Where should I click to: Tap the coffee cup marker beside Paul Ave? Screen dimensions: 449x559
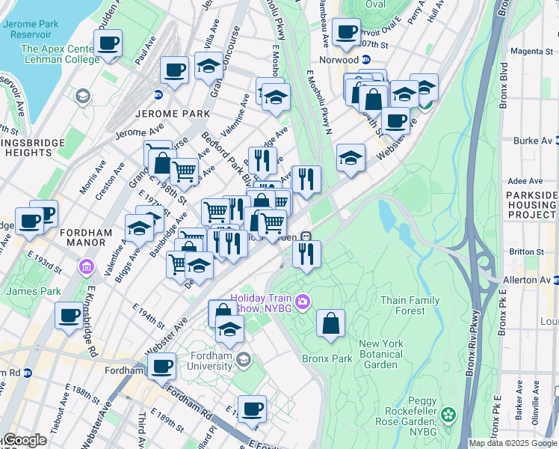(108, 43)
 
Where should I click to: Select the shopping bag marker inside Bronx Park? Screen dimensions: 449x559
(330, 323)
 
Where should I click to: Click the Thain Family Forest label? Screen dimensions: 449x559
(410, 305)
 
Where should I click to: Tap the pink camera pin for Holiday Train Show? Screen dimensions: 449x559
(303, 302)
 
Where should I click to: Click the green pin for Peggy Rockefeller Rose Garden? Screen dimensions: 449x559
(448, 414)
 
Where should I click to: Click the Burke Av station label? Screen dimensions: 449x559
(536, 141)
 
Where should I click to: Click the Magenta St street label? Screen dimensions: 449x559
(536, 52)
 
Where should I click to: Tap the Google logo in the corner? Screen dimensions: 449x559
(24, 440)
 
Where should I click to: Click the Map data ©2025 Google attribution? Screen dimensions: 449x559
(513, 443)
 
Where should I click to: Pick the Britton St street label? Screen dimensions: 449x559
(529, 252)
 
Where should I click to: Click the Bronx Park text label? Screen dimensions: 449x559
(327, 358)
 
